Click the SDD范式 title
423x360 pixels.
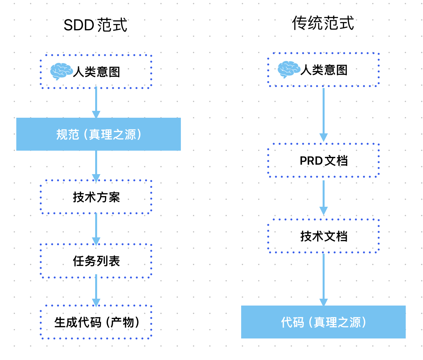coord(95,25)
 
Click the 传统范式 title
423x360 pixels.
coord(323,23)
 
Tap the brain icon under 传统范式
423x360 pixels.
coord(288,69)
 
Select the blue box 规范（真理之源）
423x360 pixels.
coord(98,134)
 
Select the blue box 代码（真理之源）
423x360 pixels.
coord(323,322)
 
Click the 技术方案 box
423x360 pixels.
coord(96,197)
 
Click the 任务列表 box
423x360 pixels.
coord(96,261)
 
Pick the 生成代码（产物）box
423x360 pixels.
coord(96,322)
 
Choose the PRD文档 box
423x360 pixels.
coord(323,160)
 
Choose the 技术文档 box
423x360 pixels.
coord(323,236)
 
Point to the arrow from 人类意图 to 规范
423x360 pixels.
coord(96,103)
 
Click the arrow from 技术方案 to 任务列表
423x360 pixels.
coord(96,229)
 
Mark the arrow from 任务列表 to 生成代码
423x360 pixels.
coord(96,291)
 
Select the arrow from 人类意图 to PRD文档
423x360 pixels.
coord(323,114)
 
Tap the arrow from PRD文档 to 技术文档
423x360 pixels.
coord(323,197)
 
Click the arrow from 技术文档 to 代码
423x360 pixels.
coord(323,279)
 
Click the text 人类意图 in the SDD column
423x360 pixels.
coord(96,72)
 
